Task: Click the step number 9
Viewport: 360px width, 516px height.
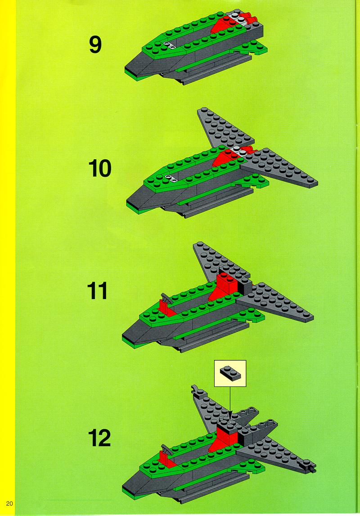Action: [95, 45]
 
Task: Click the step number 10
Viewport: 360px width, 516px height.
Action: [100, 168]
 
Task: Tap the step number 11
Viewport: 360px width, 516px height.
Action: [97, 291]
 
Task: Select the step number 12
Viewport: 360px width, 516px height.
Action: [99, 438]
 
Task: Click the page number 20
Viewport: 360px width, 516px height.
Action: [9, 503]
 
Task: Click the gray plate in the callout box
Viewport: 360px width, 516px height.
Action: [230, 373]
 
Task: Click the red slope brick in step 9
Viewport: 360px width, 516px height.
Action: [224, 25]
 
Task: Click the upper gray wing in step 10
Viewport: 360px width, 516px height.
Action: [224, 128]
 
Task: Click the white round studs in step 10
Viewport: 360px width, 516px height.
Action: [171, 178]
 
